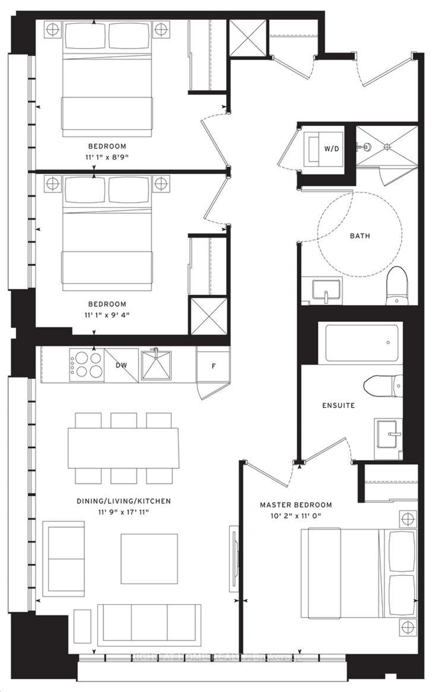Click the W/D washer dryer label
[x=331, y=149]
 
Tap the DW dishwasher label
[x=121, y=365]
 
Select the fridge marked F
[x=213, y=366]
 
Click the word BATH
[x=360, y=236]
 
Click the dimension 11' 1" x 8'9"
[x=107, y=157]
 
